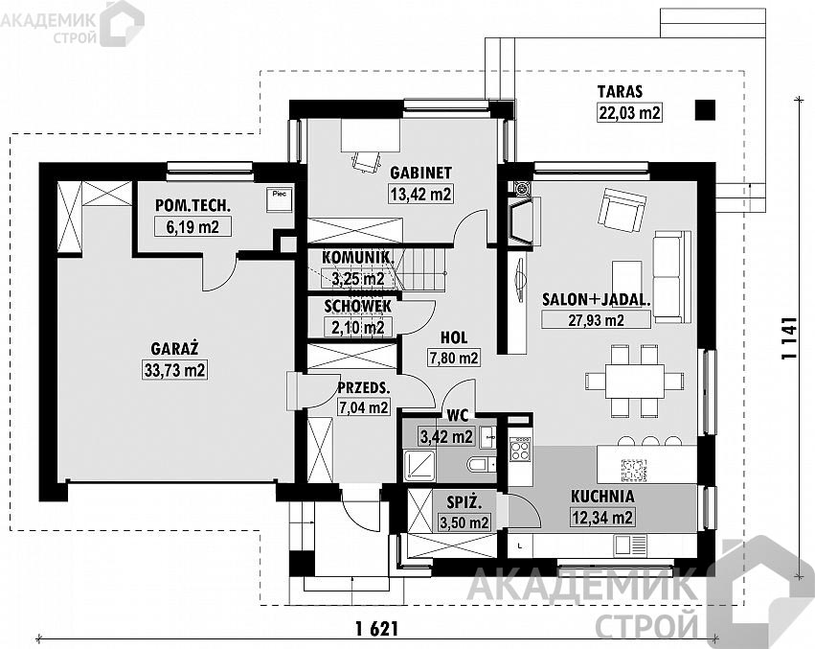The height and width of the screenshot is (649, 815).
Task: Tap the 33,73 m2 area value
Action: [x=174, y=371]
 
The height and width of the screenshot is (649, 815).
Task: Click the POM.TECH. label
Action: [x=192, y=205]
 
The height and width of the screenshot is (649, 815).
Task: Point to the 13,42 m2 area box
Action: [x=421, y=195]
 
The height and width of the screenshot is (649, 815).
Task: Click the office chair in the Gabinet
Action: [x=366, y=160]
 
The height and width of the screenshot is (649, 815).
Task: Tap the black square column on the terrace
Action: [x=705, y=110]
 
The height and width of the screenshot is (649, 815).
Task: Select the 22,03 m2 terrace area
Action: [x=629, y=112]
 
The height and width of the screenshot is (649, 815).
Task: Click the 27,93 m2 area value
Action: [x=597, y=319]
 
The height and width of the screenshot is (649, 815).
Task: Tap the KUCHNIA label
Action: [x=602, y=497]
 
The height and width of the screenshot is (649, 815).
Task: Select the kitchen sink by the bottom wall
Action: [x=629, y=545]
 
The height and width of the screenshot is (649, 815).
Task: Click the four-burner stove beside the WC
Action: [x=520, y=450]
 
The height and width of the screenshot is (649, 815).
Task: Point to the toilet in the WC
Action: [x=482, y=463]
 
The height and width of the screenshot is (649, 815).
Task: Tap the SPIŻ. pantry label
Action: [x=464, y=502]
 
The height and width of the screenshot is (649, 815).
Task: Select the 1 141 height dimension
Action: [x=789, y=338]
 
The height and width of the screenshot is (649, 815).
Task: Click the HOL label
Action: [x=454, y=337]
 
